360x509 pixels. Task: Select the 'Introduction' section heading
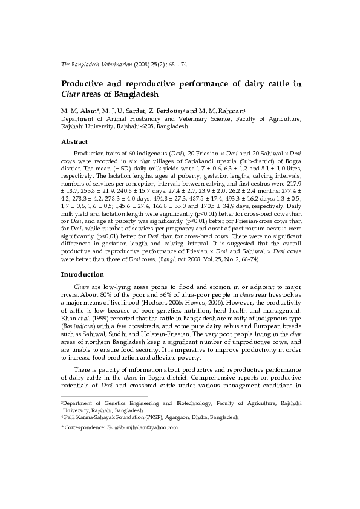tap(83, 274)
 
